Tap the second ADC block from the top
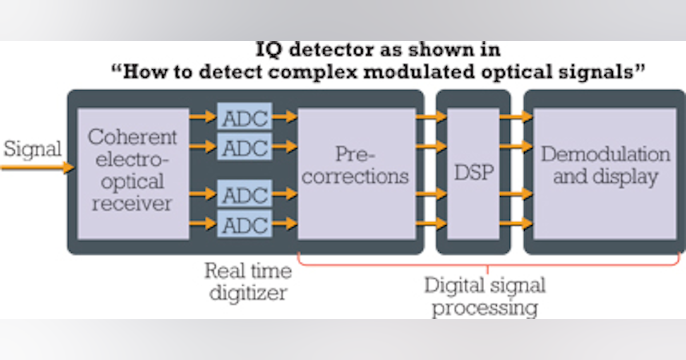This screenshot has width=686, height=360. coord(245,147)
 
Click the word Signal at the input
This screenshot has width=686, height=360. coord(32,149)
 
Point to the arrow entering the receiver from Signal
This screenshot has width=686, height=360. coord(37,167)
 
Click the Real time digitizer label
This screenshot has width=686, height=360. coord(248,281)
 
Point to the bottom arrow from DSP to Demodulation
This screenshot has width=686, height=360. coord(516,223)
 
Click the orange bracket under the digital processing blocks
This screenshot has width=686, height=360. coord(488,265)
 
